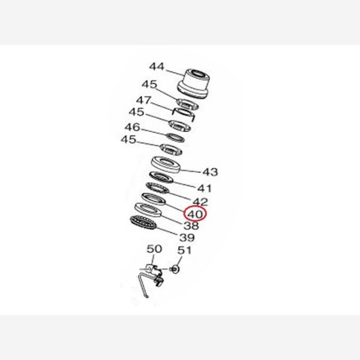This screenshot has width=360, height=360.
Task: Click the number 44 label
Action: tap(157, 67)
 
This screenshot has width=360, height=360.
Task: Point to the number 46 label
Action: tap(132, 127)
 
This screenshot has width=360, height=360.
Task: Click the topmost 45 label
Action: tap(149, 84)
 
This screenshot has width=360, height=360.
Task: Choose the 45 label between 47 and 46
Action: tap(136, 112)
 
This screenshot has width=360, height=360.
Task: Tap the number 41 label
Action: tap(204, 188)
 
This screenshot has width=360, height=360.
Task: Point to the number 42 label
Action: tap(200, 202)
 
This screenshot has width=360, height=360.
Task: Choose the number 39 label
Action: tap(186, 238)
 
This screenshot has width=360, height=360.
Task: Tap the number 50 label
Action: tap(154, 248)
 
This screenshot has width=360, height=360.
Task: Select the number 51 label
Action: tap(184, 250)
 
